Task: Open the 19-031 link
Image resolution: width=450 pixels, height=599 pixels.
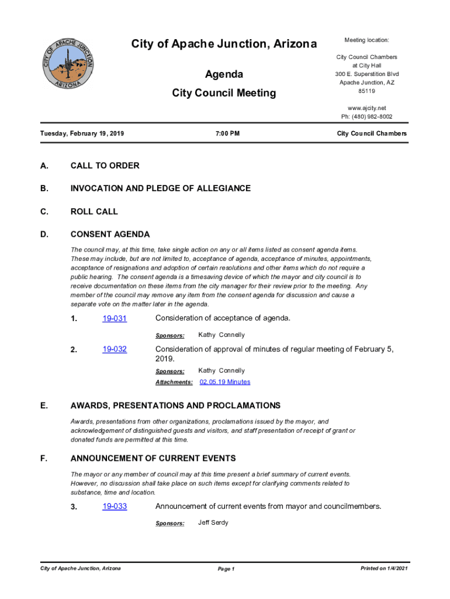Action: pos(115,319)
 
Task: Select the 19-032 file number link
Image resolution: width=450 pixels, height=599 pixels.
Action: pos(115,350)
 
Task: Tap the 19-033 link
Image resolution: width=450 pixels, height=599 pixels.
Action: pos(115,507)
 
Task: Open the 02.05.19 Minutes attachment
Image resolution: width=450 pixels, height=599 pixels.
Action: pos(225,382)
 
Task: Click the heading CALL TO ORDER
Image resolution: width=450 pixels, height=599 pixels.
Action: pos(105,166)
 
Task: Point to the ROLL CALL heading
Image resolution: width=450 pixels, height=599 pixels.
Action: pos(94,211)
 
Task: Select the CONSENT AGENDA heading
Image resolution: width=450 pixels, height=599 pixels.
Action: pos(110,235)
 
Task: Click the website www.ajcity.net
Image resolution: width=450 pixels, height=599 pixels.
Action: pos(366,108)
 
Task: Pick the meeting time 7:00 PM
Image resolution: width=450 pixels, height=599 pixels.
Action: pos(227,134)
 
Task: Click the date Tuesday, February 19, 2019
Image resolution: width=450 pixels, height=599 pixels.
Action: pos(82,134)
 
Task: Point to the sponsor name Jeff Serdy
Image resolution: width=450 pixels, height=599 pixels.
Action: pos(213,522)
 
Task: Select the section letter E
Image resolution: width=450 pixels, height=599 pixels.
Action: pos(44,405)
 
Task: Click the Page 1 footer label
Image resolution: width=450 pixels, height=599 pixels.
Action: pos(226,569)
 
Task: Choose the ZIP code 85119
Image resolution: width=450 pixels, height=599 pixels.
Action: pos(366,91)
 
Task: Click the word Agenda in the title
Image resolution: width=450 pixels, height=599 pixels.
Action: pos(224,75)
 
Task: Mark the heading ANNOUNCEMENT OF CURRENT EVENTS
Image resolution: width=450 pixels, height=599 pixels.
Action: pos(153,458)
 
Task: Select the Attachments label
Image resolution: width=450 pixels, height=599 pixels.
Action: pos(174,383)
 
